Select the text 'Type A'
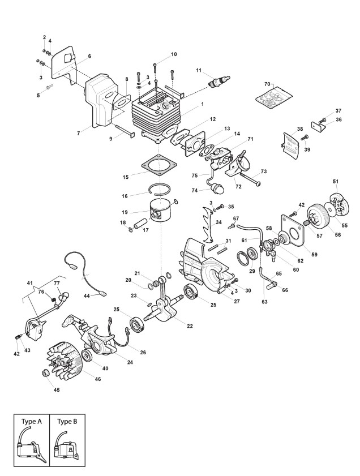click(32, 422)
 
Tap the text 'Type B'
click(67, 422)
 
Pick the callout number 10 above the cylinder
click(174, 54)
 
